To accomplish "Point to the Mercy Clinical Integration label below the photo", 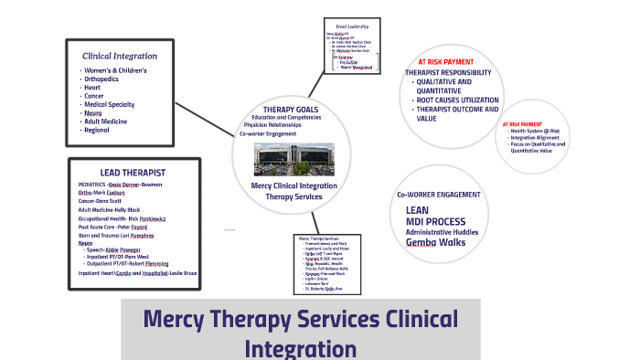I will tap(293, 185).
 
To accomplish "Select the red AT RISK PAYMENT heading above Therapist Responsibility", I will tap(445, 62).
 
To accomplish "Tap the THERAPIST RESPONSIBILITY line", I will tap(448, 72).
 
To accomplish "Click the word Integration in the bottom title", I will tap(300, 348).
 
